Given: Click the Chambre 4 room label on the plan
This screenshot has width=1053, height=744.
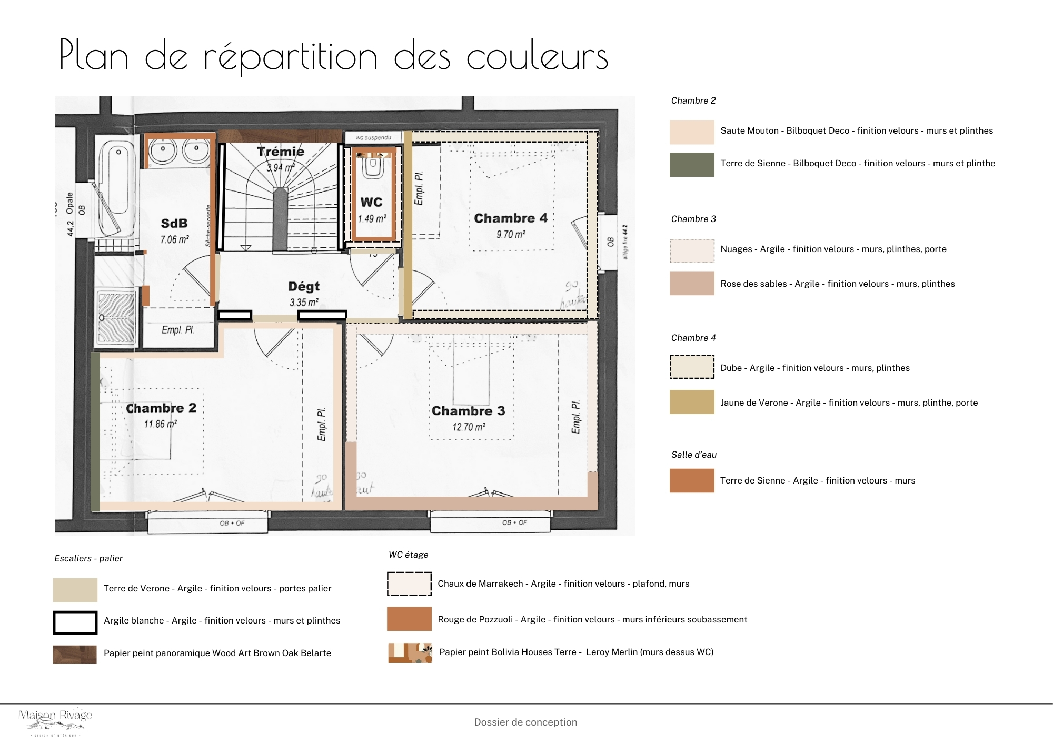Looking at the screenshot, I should pyautogui.click(x=510, y=218).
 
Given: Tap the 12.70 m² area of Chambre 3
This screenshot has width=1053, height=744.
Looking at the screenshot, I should pyautogui.click(x=469, y=427).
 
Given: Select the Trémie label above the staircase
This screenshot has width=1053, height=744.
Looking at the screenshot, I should pyautogui.click(x=281, y=152).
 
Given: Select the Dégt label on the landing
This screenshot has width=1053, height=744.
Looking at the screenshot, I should pyautogui.click(x=304, y=286).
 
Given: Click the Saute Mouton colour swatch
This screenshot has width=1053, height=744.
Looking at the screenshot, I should pyautogui.click(x=692, y=132).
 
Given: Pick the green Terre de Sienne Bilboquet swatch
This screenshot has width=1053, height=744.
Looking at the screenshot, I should pyautogui.click(x=692, y=165).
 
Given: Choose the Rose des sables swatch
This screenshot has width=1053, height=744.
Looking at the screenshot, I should pyautogui.click(x=692, y=283).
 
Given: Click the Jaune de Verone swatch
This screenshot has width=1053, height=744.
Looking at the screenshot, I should pyautogui.click(x=692, y=402).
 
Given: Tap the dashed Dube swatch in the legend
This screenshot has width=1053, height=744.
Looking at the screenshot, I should pyautogui.click(x=692, y=367).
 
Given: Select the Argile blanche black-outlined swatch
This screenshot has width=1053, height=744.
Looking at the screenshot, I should pyautogui.click(x=75, y=622).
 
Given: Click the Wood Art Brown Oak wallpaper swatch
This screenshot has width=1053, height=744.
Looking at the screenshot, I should pyautogui.click(x=75, y=655).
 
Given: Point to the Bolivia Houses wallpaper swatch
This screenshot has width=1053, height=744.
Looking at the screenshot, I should pyautogui.click(x=410, y=652).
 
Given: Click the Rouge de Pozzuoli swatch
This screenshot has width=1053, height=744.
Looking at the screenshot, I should pyautogui.click(x=409, y=619).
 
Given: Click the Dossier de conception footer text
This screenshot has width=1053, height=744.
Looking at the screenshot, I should pyautogui.click(x=525, y=722).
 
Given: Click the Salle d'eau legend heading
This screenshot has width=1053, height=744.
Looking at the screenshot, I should pyautogui.click(x=693, y=455).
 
